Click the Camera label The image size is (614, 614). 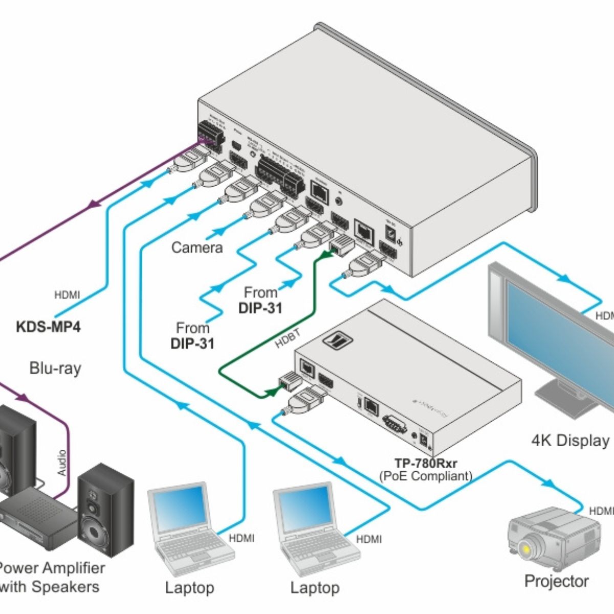click(x=197, y=248)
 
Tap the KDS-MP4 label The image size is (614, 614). click(x=48, y=326)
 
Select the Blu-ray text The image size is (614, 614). click(x=55, y=368)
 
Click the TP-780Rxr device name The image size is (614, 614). click(x=425, y=464)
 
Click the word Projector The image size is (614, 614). click(x=557, y=581)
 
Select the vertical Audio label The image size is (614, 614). click(x=62, y=463)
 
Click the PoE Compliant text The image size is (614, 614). click(x=425, y=476)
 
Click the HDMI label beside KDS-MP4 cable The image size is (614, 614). click(x=67, y=295)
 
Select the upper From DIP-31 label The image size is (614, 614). click(x=260, y=300)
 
